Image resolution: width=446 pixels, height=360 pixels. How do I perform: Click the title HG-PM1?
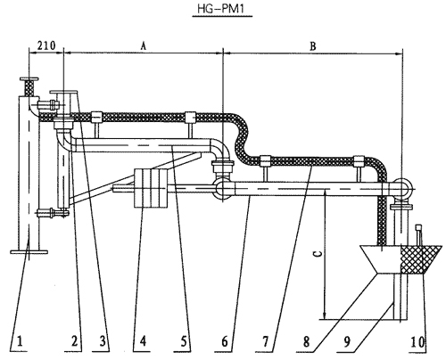(220, 9)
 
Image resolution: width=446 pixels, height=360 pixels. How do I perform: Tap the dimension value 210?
(46, 45)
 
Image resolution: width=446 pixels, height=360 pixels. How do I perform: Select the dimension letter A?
(144, 46)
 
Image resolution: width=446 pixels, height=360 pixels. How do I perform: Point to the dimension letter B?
(313, 46)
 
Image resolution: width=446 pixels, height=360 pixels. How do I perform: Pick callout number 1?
(20, 341)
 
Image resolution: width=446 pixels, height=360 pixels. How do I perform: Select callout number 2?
(74, 341)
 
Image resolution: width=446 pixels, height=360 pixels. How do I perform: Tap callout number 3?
(103, 341)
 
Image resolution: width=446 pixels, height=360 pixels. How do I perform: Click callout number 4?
(143, 341)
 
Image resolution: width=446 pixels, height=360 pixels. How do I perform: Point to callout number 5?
(184, 341)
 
